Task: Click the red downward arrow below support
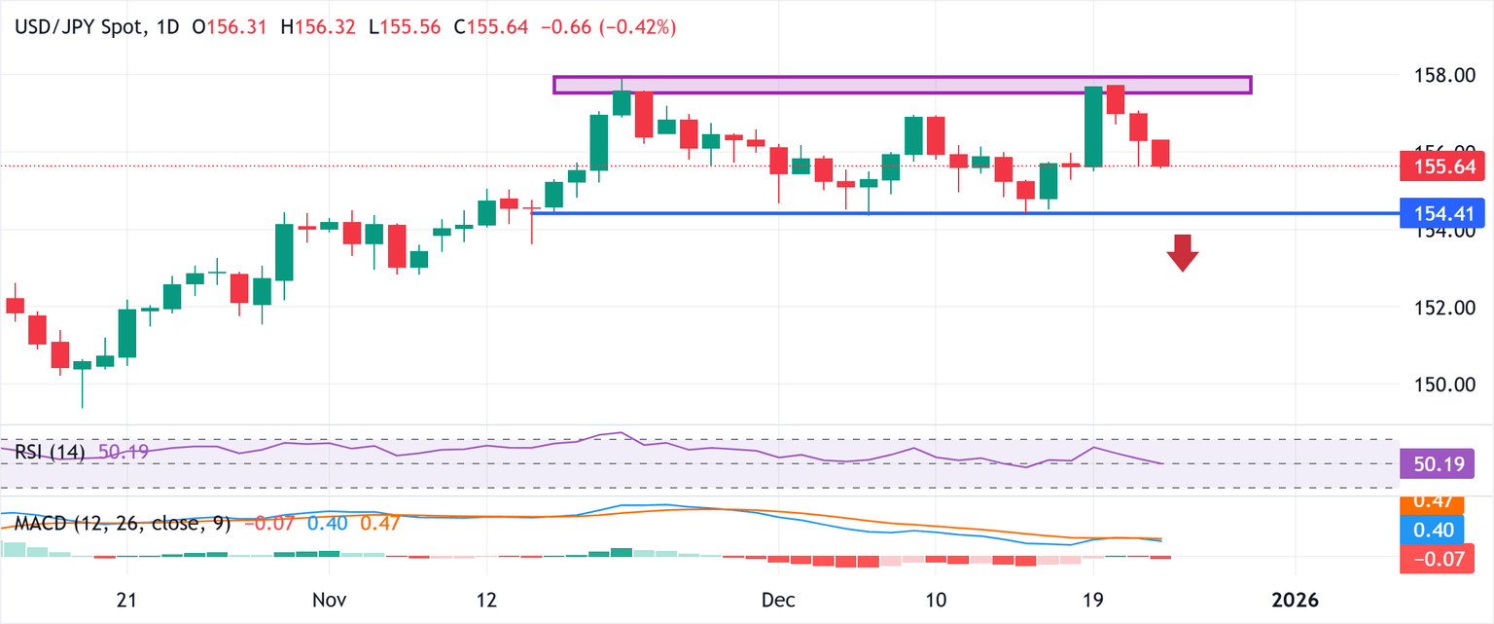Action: [x=1183, y=252]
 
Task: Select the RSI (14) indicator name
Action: [x=50, y=452]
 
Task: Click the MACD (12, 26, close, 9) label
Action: [x=123, y=524]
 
